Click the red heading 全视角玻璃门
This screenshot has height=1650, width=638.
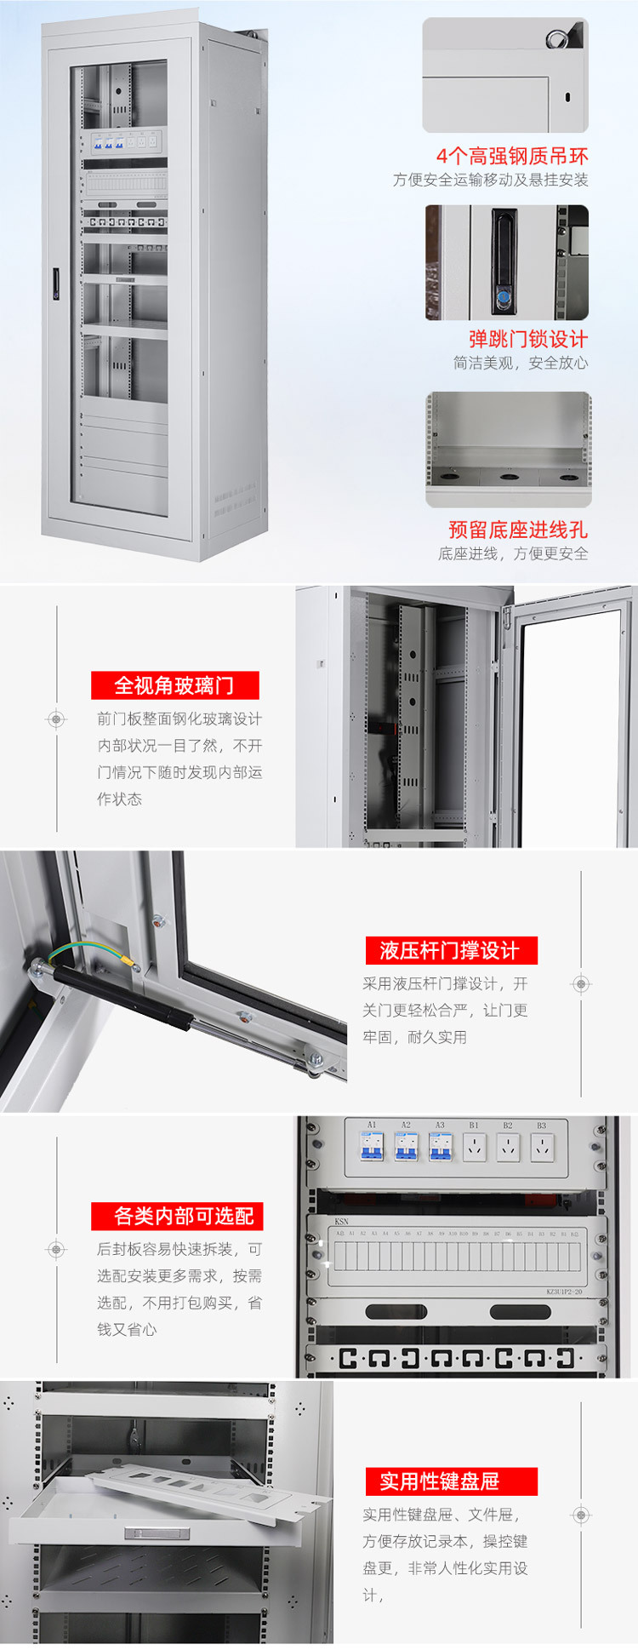click(174, 685)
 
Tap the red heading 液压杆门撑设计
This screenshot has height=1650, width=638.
click(451, 950)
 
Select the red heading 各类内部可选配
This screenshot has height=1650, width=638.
click(177, 1216)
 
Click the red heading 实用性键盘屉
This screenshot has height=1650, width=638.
click(451, 1481)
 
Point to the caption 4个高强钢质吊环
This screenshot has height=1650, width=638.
click(511, 156)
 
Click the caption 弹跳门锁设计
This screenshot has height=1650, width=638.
click(527, 339)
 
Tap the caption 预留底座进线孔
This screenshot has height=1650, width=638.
click(517, 530)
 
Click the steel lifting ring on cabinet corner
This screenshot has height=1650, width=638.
click(557, 38)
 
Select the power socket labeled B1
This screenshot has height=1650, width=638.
click(474, 1148)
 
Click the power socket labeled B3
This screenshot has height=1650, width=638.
click(542, 1148)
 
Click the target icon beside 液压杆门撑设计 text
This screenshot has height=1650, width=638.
click(581, 984)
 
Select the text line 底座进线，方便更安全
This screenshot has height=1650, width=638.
click(512, 553)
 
